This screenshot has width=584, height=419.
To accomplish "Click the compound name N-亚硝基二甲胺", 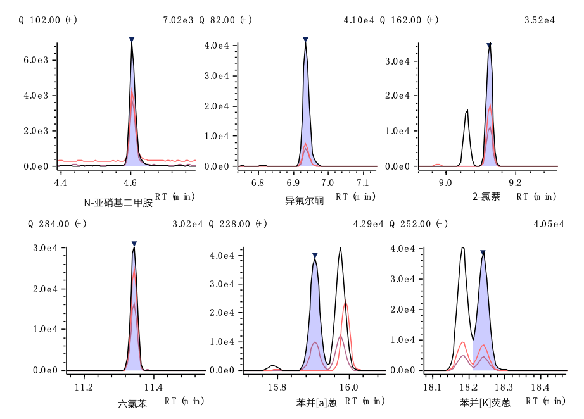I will tap(118, 203).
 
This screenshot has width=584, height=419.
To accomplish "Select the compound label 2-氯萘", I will tap(486, 197).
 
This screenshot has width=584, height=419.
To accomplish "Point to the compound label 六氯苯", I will tap(132, 403).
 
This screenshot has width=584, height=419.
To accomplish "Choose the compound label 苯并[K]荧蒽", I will tap(485, 403).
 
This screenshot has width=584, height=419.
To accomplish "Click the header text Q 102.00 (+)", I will tap(48, 20).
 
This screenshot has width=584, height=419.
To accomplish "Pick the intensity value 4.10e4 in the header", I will tap(359, 20).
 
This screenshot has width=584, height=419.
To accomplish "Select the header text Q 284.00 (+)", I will tap(58, 224).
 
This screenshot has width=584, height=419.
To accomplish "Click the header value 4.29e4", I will tap(369, 224).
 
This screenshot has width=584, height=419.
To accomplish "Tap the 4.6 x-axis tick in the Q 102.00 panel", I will tap(130, 183).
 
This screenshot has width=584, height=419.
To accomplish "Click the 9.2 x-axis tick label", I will tap(514, 183).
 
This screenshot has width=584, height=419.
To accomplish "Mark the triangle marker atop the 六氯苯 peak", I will tap(134, 244).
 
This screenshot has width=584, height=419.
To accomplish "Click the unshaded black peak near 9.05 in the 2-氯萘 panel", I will tap(466, 114).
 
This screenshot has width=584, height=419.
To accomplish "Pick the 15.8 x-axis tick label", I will tap(276, 387).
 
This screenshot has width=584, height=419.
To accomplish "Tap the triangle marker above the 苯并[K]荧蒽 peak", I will tap(483, 253).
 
